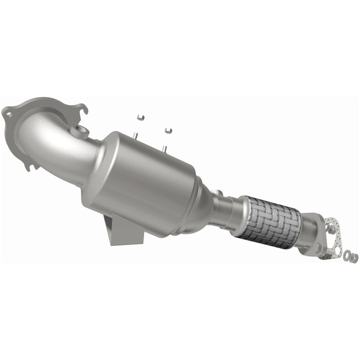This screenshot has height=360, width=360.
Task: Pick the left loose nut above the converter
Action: coord(139,117)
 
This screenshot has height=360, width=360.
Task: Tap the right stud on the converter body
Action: coord(164,146)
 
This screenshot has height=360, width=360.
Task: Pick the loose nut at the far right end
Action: coord(354,257)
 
